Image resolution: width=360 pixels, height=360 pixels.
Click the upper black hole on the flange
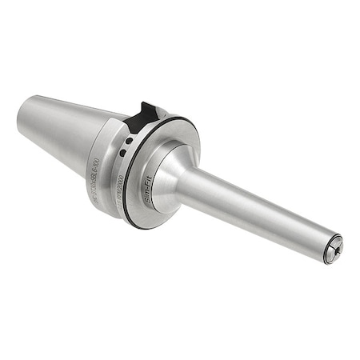[128, 142]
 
